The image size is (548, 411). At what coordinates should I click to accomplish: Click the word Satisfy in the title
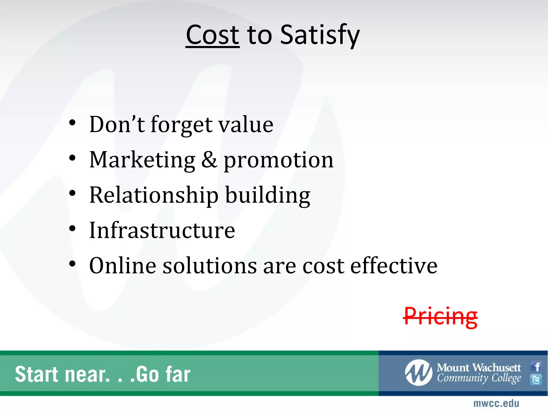320,35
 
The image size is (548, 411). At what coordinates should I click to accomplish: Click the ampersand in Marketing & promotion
209,160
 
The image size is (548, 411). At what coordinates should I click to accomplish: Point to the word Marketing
142,160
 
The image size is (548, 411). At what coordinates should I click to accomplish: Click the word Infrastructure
162,230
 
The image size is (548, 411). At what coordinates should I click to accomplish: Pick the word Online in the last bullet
123,266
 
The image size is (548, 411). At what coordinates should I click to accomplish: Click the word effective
394,266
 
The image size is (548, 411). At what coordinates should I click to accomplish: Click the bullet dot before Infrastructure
72,229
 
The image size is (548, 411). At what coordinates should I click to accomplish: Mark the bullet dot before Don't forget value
72,123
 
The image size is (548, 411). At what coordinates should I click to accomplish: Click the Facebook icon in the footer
536,367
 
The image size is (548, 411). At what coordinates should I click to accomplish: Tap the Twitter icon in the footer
536,379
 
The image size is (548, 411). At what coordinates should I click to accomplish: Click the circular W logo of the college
418,372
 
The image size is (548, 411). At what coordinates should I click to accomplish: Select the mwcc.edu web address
496,403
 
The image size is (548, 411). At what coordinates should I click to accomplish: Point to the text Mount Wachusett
479,368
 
